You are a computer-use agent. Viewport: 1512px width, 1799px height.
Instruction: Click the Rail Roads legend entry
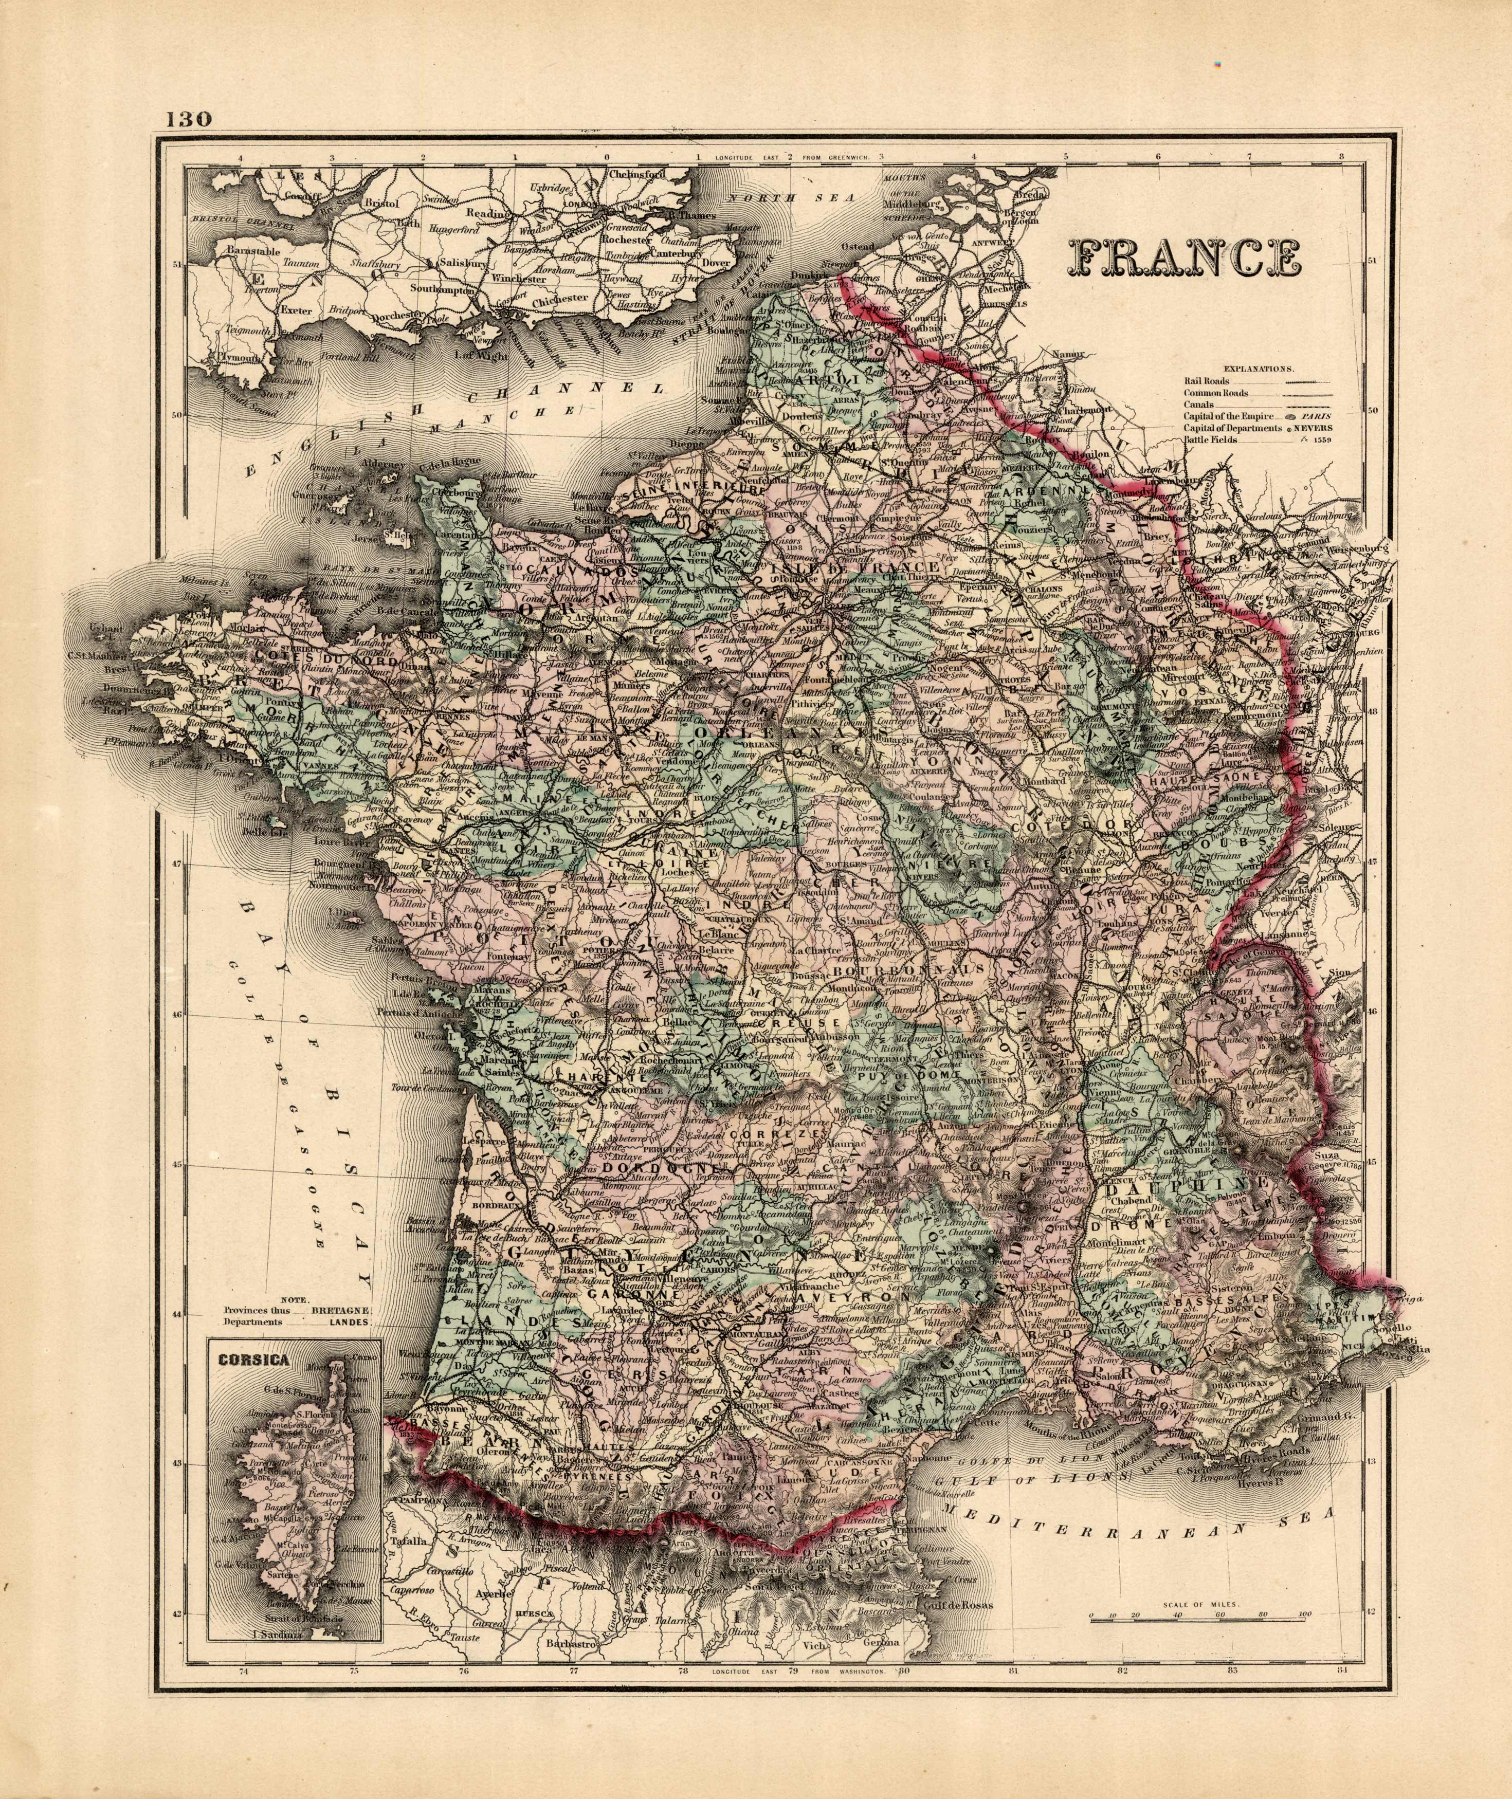(1207, 381)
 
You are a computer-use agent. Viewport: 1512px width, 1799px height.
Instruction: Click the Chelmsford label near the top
(635, 175)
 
